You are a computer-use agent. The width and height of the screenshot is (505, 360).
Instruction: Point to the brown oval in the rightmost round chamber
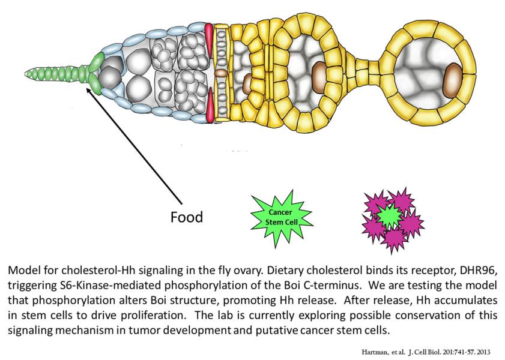453,76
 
